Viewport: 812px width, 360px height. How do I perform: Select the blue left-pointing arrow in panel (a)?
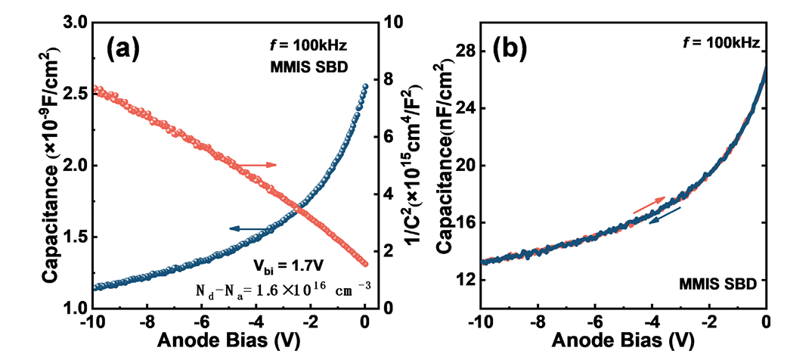(x=249, y=228)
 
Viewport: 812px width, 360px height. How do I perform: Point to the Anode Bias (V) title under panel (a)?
(x=228, y=341)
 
